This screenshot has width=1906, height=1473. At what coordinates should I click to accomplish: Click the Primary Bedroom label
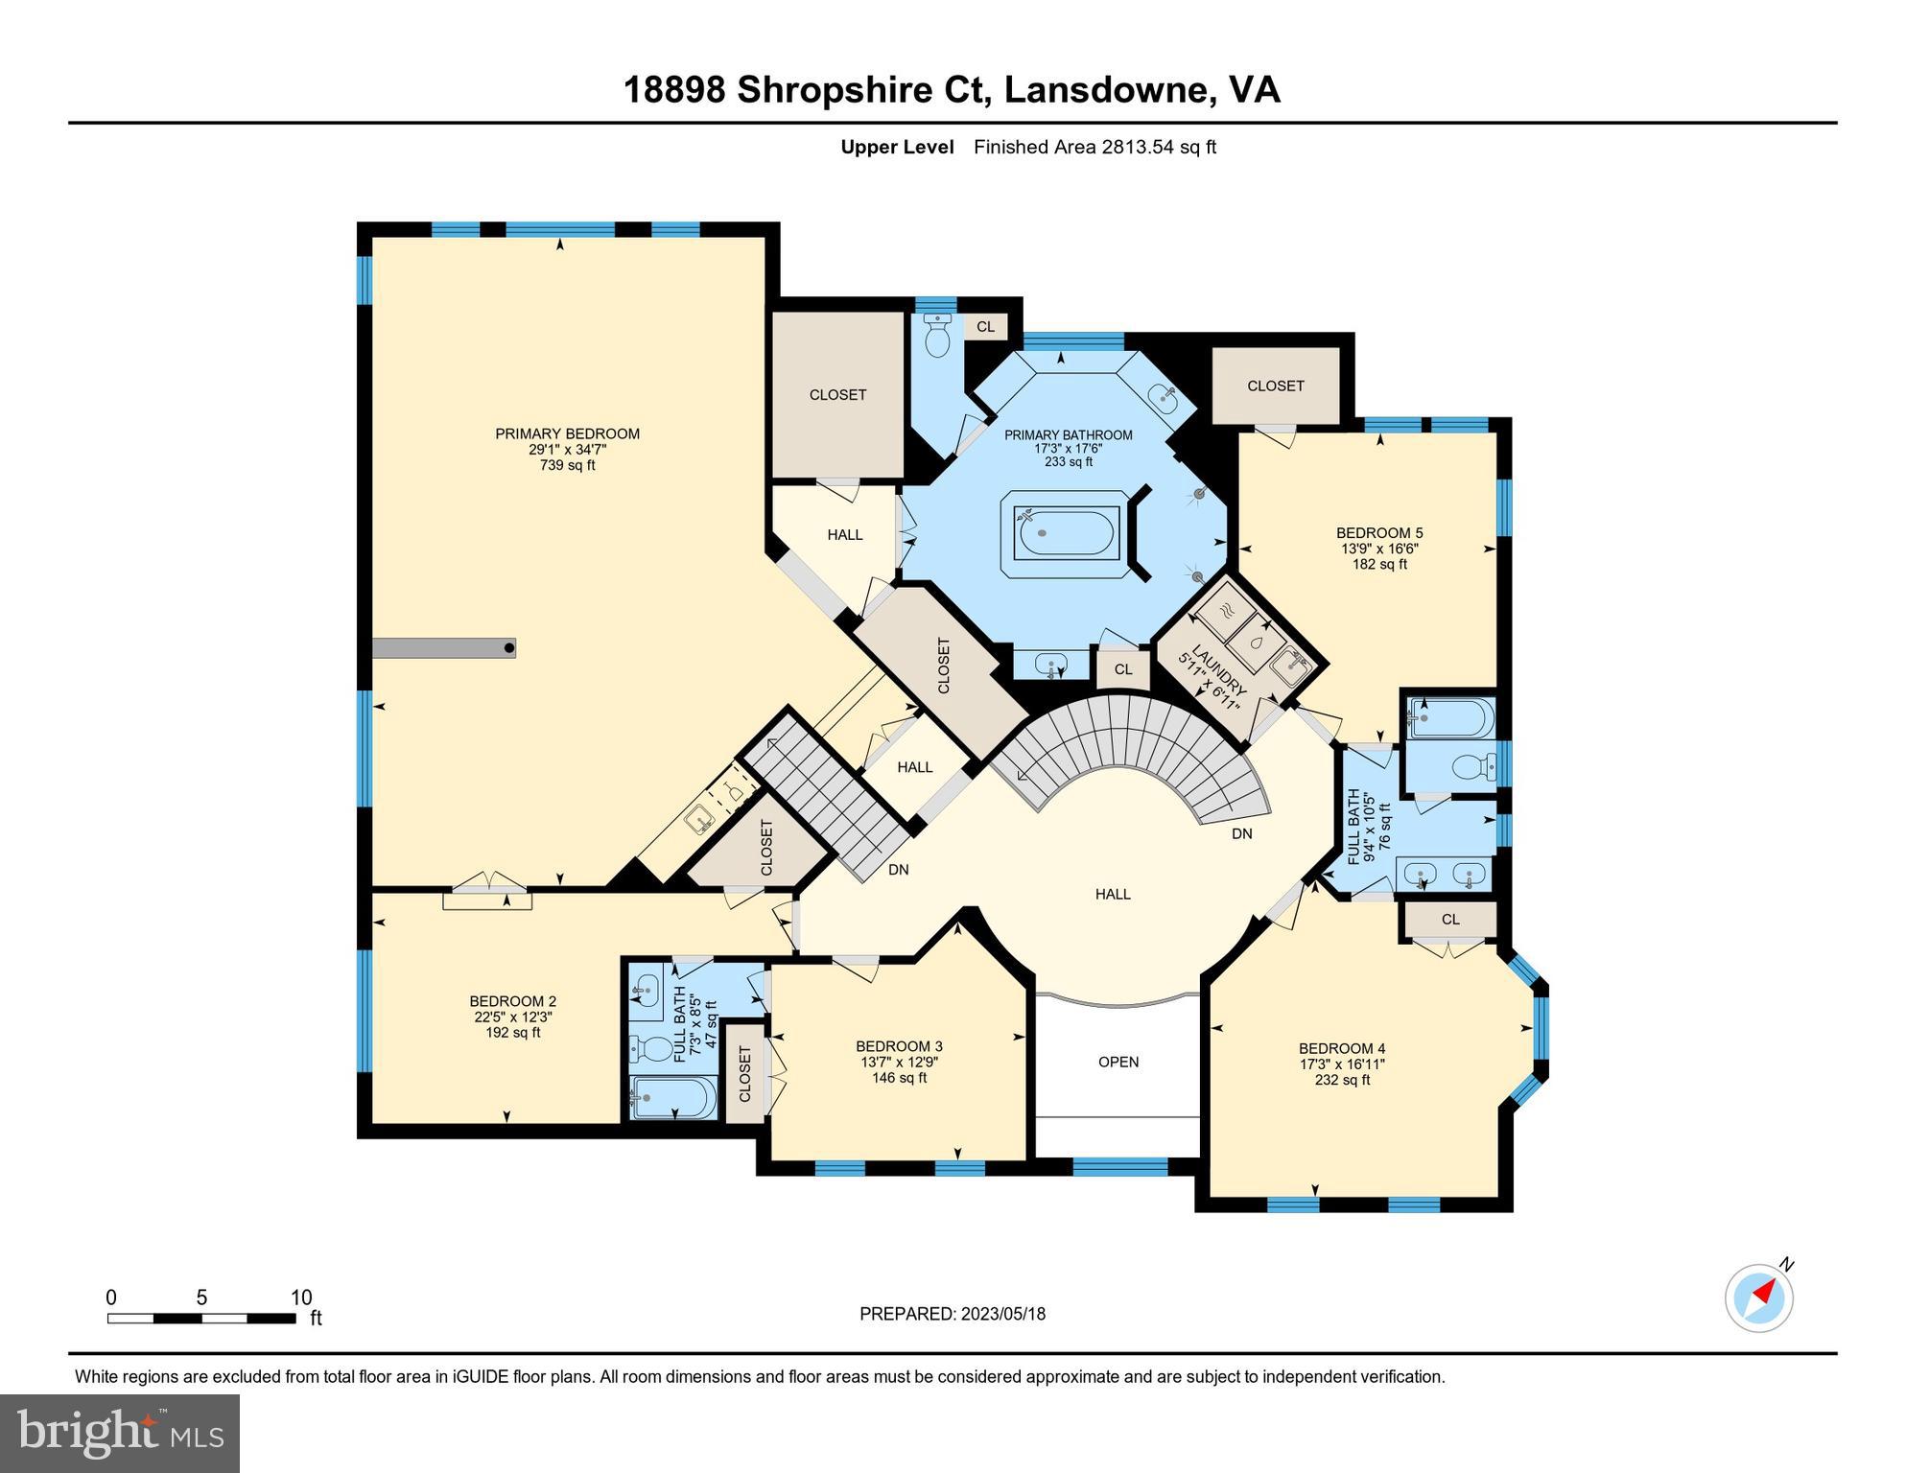[x=567, y=433]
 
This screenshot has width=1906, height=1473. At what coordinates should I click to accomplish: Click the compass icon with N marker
[x=1759, y=1298]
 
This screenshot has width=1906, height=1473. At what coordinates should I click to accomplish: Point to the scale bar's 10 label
[x=301, y=1298]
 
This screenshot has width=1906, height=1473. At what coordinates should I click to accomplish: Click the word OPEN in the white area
[x=1118, y=1062]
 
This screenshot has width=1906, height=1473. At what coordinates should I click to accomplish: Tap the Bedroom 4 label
[x=1342, y=1048]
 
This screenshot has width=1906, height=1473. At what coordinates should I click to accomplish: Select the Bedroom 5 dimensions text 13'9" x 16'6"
[x=1379, y=549]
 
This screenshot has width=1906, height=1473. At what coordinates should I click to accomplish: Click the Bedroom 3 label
[x=899, y=1045]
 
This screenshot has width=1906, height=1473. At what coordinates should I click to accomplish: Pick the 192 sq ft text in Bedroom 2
[x=513, y=1033]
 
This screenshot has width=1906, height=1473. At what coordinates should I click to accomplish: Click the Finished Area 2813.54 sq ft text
[x=1094, y=147]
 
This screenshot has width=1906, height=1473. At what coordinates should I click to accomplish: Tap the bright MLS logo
[x=120, y=1433]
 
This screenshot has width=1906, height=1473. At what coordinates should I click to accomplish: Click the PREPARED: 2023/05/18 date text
[x=953, y=1314]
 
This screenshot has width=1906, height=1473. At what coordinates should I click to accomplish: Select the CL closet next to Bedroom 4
[x=1450, y=919]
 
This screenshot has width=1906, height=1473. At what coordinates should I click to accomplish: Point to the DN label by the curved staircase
[x=1242, y=833]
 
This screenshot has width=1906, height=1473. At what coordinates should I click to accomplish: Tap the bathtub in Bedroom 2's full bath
[x=674, y=1097]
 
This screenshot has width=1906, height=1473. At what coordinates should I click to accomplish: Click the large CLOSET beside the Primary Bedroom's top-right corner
[x=837, y=394]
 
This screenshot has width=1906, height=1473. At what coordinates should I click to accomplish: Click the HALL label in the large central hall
[x=1113, y=894]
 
